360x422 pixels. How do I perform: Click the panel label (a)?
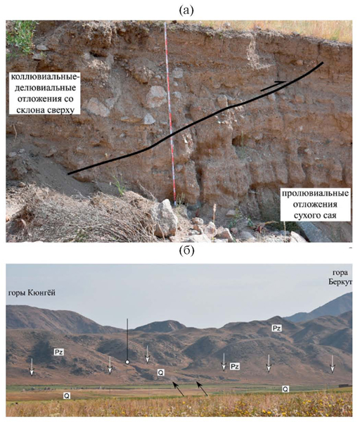tap(186, 11)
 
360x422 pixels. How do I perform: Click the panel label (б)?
tap(186, 251)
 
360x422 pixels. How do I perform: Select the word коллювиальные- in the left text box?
tap(46, 77)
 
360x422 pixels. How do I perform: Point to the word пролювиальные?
tap(315, 194)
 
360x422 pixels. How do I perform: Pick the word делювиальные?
tap(46, 88)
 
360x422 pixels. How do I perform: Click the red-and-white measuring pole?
tap(170, 114)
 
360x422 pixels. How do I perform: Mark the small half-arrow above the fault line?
tap(273, 86)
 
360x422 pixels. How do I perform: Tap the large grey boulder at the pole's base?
tap(165, 217)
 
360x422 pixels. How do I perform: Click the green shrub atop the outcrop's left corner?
tap(21, 38)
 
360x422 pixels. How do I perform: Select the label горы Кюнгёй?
tap(32, 293)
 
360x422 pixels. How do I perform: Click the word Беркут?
tap(340, 282)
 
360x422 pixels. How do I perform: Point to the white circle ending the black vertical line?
tap(127, 362)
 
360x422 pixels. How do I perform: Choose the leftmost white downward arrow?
tap(32, 366)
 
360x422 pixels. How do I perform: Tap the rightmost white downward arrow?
tap(333, 364)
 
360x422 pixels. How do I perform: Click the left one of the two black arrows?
tap(178, 389)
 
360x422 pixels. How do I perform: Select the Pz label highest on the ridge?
tap(276, 328)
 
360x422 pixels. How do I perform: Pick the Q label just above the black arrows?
tap(161, 373)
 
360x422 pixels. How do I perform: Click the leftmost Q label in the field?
tap(67, 395)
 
